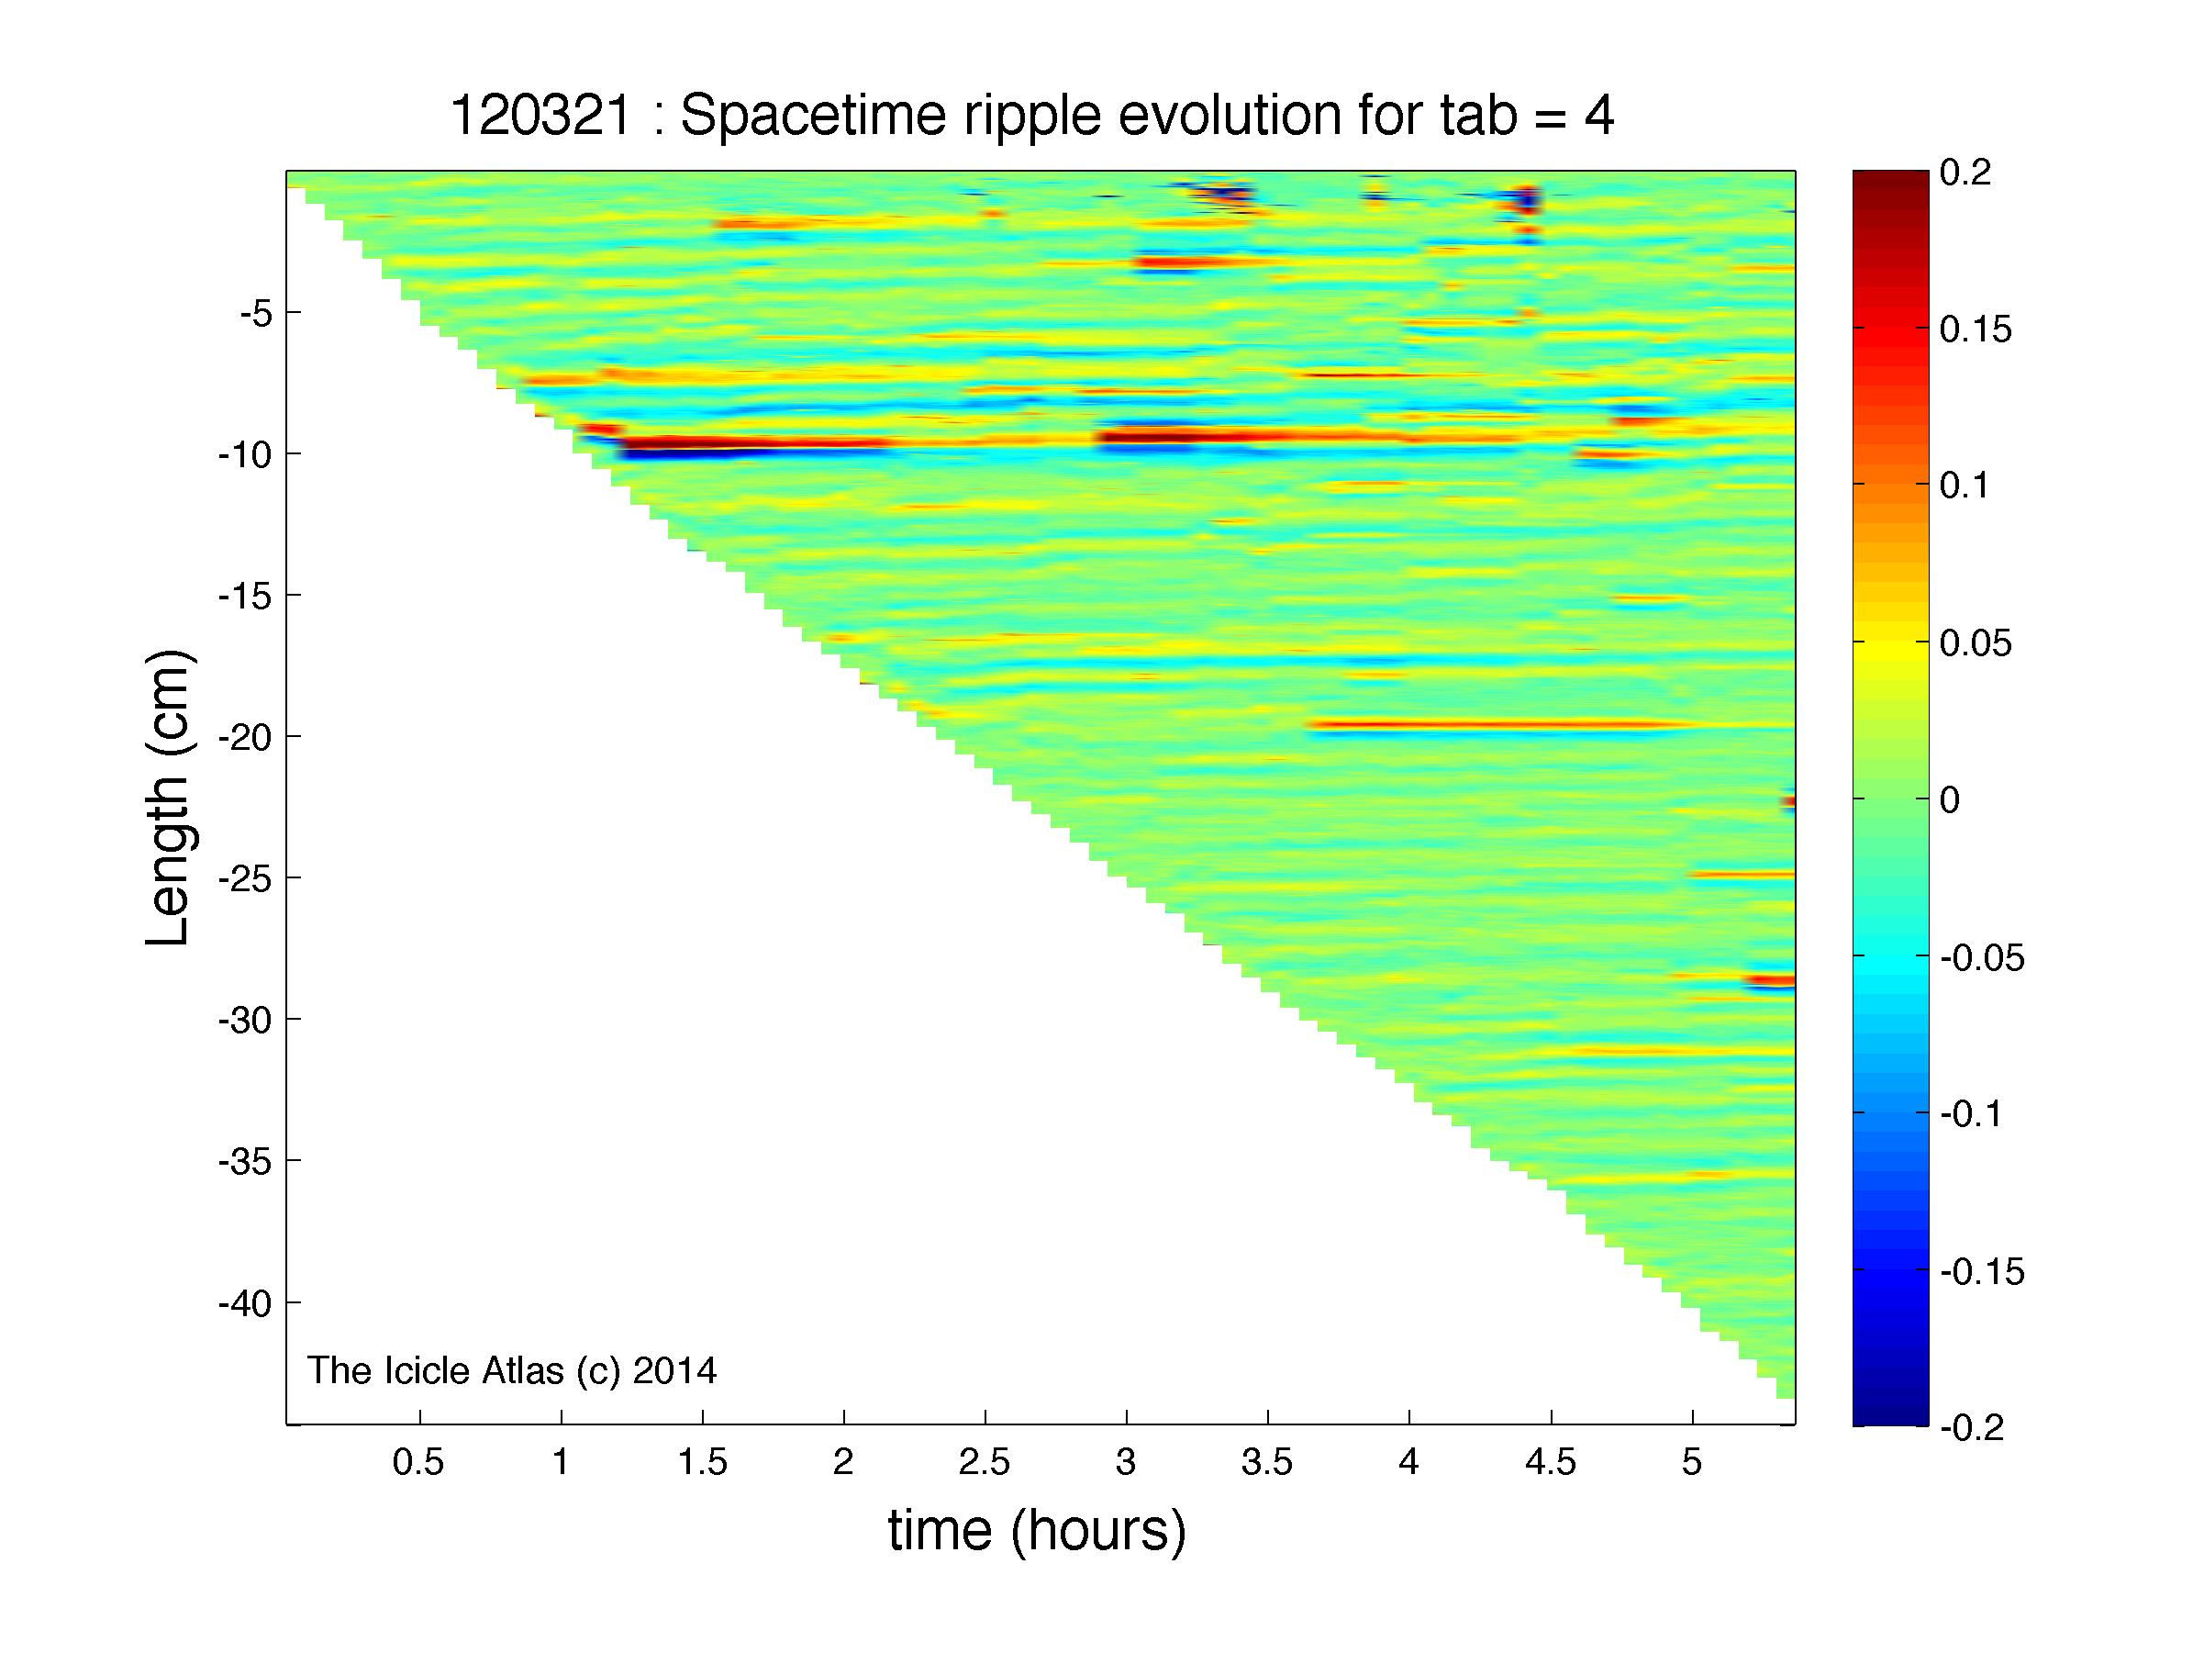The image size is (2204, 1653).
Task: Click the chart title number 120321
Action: [x=541, y=117]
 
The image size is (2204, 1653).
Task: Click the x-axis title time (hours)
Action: [x=1037, y=1532]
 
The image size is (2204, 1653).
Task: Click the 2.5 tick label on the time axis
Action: [x=985, y=1462]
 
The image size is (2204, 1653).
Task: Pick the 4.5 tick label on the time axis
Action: [x=1551, y=1462]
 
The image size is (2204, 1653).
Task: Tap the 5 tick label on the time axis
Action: [x=1692, y=1462]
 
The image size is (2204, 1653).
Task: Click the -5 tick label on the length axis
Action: [x=255, y=313]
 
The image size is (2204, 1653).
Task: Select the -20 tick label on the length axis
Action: [x=245, y=736]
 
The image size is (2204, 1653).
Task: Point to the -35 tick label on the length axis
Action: [x=245, y=1161]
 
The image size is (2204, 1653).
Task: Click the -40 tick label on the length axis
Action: [x=245, y=1302]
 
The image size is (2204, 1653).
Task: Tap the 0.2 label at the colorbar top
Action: [x=1965, y=173]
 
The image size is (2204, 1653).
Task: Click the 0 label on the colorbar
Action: [x=1950, y=799]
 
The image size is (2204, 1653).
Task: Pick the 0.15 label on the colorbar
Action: [x=1976, y=329]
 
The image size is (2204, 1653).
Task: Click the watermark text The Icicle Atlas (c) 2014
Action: [x=511, y=1371]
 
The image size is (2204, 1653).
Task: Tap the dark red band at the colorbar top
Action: [x=1890, y=182]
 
